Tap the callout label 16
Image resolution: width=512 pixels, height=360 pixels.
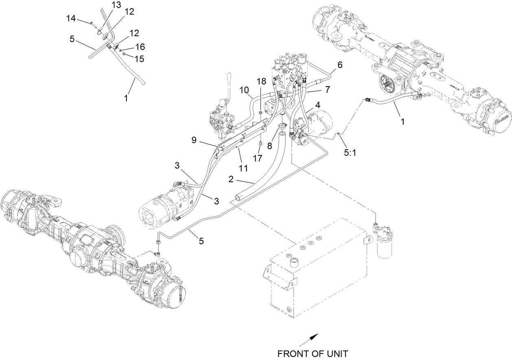pos(140,47)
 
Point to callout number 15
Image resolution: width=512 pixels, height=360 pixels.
pos(140,59)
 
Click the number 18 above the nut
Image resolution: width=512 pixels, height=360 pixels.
pos(261,81)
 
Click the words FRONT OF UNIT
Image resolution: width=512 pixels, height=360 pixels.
pos(313,353)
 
